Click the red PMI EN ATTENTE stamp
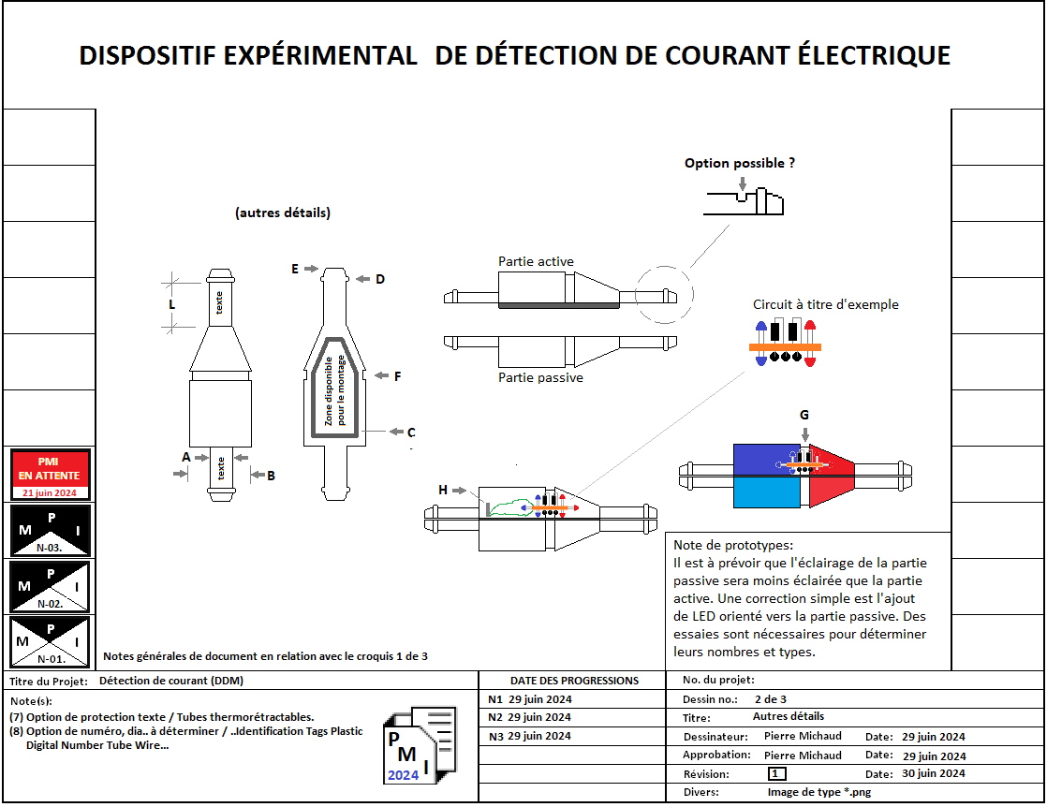pos(51,475)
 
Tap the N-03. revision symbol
pos(51,531)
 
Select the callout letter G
pos(804,415)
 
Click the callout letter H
pos(443,490)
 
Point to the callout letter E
pos(295,269)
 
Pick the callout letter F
pos(397,376)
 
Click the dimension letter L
pos(172,304)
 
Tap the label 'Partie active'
pos(536,261)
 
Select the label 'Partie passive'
pos(540,377)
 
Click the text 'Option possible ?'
pos(740,163)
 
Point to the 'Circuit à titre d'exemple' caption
pos(825,304)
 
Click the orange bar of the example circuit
pos(785,347)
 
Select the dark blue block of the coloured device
pos(769,459)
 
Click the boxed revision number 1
pos(776,773)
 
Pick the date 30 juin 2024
pos(933,773)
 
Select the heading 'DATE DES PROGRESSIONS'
pos(574,681)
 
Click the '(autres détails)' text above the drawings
pos(283,213)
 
